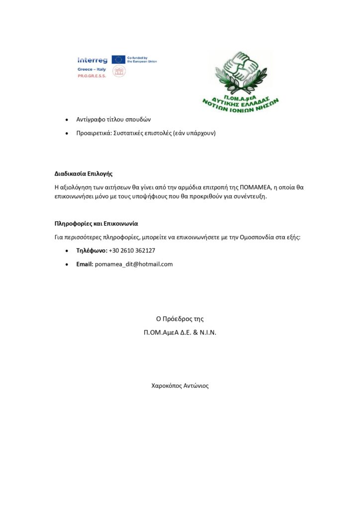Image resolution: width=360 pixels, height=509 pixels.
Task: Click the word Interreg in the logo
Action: click(x=92, y=60)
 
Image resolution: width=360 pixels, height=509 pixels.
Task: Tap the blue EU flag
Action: click(x=118, y=60)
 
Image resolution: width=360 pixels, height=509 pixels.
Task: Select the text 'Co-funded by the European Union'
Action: click(x=142, y=60)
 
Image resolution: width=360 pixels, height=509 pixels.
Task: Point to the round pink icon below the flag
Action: click(x=118, y=72)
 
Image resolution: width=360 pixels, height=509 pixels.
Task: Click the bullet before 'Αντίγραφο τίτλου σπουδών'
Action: click(x=67, y=120)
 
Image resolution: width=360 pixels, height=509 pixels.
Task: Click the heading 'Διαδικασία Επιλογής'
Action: click(x=84, y=174)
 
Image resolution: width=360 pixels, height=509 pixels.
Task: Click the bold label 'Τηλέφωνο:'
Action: click(x=91, y=251)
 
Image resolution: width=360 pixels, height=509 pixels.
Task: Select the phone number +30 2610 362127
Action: click(x=132, y=251)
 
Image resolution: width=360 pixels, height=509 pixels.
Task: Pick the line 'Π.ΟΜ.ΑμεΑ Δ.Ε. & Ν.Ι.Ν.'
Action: click(x=180, y=332)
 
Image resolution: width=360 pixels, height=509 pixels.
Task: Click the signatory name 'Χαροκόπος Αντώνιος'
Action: click(x=180, y=385)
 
